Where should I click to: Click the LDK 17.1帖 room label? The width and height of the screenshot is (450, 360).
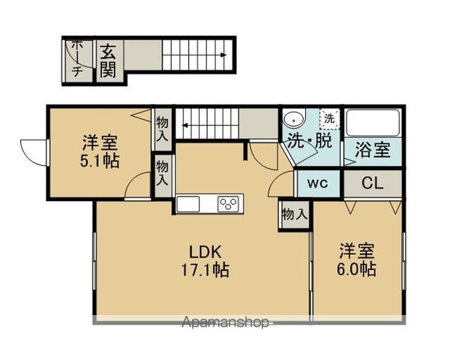coord(203,259)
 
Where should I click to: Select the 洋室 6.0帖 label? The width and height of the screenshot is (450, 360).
coord(357,259)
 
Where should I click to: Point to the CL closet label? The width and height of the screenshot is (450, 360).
coord(372,182)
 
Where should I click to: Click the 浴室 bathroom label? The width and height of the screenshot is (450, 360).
coord(372,148)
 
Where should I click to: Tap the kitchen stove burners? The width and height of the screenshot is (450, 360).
coord(229,203)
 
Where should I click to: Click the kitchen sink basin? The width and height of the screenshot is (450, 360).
coord(187,203)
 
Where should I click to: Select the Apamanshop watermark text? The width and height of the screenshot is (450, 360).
coord(226,323)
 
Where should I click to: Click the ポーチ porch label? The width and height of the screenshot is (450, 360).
coord(77,59)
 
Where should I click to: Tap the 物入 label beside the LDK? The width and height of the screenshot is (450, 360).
coord(294,214)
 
